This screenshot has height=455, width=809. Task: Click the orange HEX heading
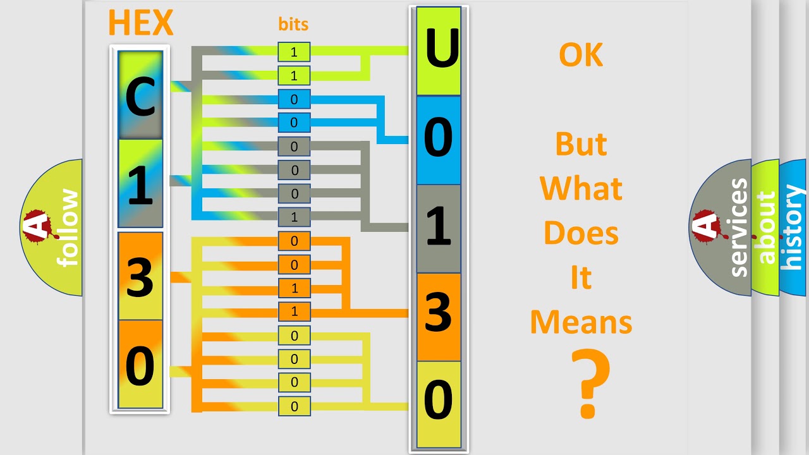140,22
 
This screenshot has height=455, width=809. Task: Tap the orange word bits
293,24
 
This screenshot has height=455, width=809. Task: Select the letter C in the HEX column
140,97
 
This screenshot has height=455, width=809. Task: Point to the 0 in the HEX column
140,365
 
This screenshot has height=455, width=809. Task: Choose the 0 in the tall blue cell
438,137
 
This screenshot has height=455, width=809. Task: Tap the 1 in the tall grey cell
438,226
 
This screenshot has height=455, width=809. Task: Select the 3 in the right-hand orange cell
438,312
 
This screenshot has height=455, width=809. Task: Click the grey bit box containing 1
294,217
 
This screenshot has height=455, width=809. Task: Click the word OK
581,54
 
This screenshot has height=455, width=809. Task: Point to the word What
581,188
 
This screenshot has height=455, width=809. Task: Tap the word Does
581,233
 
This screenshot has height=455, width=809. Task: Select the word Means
581,322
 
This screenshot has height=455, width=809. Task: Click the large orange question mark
590,383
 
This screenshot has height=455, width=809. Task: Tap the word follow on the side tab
68,228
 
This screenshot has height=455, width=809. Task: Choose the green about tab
765,228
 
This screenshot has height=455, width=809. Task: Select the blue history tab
793,228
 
